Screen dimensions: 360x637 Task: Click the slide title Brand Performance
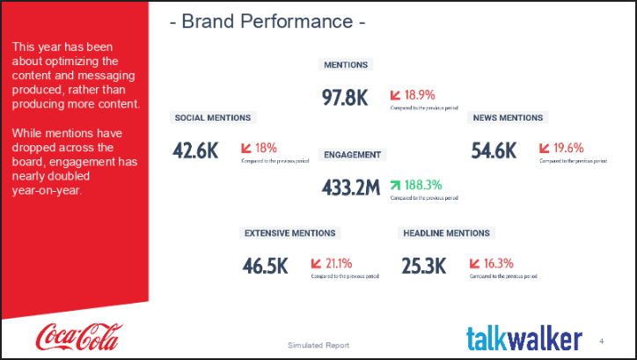click(x=267, y=22)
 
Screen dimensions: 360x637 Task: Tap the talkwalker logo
click(x=524, y=338)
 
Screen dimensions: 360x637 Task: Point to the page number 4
click(x=601, y=341)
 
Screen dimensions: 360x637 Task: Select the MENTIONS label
click(x=346, y=65)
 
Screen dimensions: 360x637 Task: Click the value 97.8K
click(x=345, y=98)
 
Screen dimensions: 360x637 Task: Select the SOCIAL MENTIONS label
click(x=213, y=118)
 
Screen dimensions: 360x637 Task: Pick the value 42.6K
click(x=195, y=151)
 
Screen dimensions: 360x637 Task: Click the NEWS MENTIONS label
click(x=508, y=118)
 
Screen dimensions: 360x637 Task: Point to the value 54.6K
click(x=494, y=151)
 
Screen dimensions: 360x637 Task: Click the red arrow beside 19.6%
click(x=545, y=148)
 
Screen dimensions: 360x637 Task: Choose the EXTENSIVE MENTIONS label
click(x=289, y=233)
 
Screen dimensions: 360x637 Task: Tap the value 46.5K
click(x=266, y=266)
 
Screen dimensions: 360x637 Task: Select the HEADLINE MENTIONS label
click(x=446, y=233)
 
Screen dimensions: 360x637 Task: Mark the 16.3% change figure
click(x=498, y=263)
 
